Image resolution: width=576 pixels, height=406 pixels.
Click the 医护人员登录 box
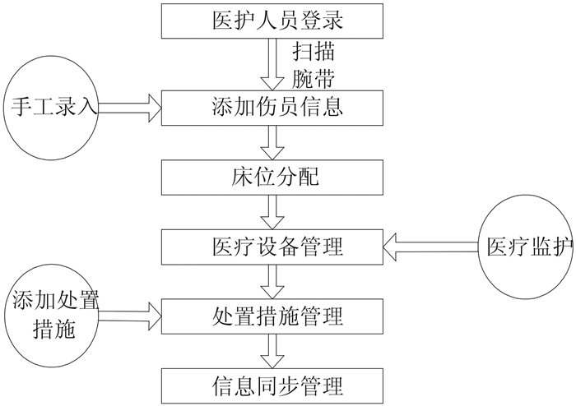pyautogui.click(x=272, y=21)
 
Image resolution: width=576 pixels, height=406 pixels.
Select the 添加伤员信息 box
pyautogui.click(x=272, y=107)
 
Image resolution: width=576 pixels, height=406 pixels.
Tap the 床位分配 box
pyautogui.click(x=272, y=177)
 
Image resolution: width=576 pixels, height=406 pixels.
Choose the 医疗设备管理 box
pyautogui.click(x=272, y=246)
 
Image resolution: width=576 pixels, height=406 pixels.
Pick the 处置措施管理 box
pyautogui.click(x=272, y=314)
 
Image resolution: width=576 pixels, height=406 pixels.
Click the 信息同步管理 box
pyautogui.click(x=272, y=384)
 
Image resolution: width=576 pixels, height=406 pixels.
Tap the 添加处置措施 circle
pyautogui.click(x=53, y=314)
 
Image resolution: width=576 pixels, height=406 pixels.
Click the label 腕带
pyautogui.click(x=314, y=78)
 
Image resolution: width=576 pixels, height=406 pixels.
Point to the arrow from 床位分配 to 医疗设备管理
pyautogui.click(x=272, y=211)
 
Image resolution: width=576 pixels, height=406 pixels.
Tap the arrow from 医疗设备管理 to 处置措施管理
pyautogui.click(x=272, y=280)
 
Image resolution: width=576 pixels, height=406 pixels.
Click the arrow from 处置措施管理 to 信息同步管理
pyautogui.click(x=272, y=349)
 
